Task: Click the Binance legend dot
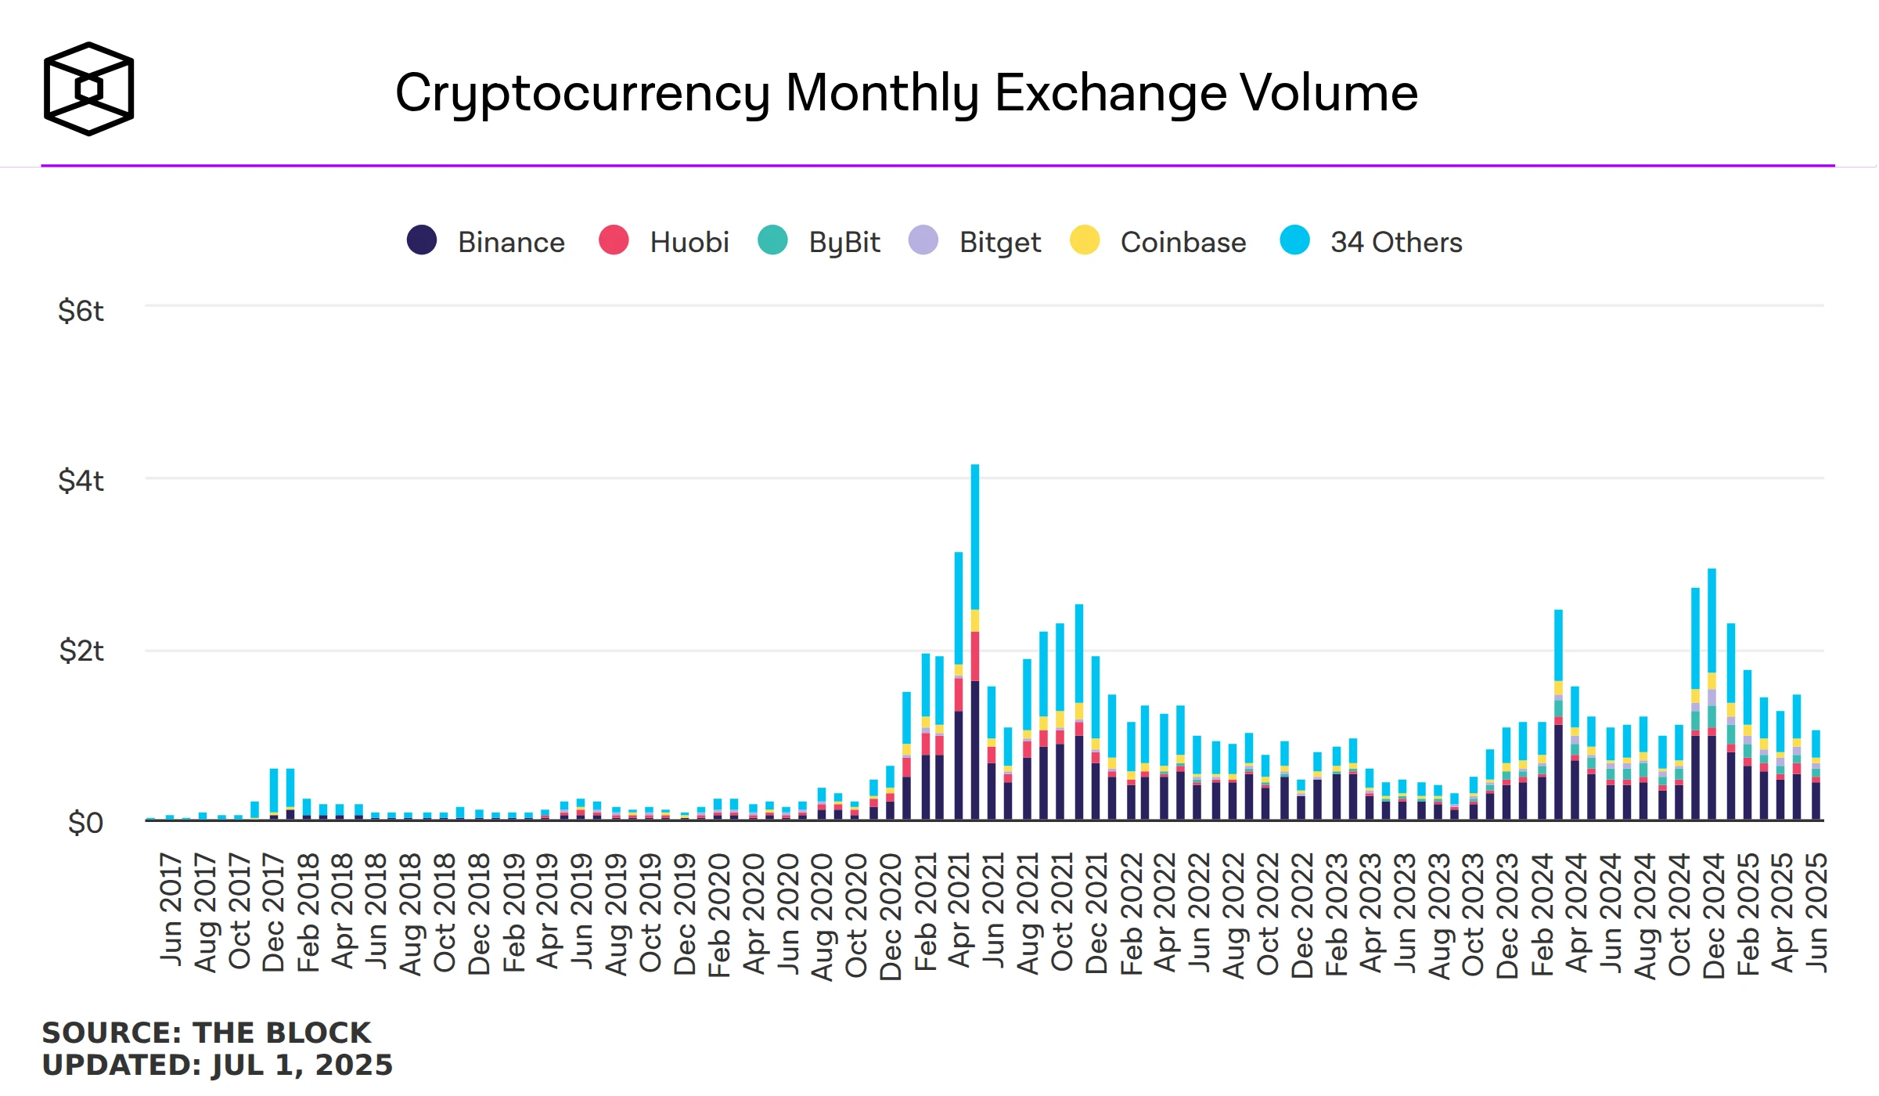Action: click(x=421, y=240)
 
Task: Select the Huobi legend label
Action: click(x=689, y=243)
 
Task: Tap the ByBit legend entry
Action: click(x=844, y=243)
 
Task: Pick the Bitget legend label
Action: click(x=999, y=243)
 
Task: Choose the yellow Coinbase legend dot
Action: click(x=1085, y=240)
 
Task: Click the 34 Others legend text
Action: click(x=1395, y=243)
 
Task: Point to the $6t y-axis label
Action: click(x=81, y=311)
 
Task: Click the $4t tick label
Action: click(x=81, y=481)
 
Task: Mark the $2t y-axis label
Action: click(x=81, y=651)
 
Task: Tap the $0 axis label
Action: click(x=85, y=823)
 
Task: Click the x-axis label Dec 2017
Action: click(x=273, y=912)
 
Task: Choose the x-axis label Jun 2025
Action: click(x=1816, y=912)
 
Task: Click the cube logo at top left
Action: click(x=88, y=88)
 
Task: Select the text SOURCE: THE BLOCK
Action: click(x=206, y=1033)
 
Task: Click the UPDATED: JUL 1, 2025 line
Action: click(x=217, y=1065)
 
